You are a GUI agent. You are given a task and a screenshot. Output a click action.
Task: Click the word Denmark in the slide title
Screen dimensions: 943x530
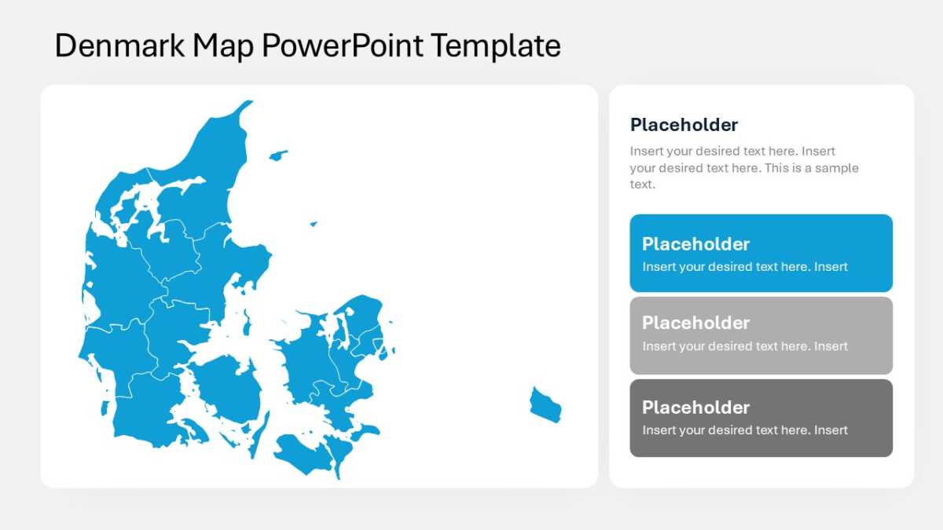pos(119,46)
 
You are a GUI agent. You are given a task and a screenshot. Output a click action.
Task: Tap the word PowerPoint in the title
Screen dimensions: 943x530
pos(343,46)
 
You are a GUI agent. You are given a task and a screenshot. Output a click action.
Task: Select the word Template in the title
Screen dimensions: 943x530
pos(496,46)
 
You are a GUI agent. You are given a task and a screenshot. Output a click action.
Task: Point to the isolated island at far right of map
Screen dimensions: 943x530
pos(545,405)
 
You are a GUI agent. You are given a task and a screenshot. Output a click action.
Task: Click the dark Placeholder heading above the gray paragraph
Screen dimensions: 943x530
pos(684,125)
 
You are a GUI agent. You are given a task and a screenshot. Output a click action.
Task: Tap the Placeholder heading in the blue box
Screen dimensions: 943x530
pos(695,244)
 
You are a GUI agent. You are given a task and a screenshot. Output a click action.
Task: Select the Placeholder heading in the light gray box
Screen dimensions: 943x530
pos(695,323)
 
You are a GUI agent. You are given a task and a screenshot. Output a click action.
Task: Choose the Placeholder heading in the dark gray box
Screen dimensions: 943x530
pos(695,408)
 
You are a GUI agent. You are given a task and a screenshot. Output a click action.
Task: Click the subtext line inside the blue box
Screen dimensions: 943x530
pos(745,267)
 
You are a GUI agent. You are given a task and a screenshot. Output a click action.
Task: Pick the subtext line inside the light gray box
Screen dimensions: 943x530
pos(745,346)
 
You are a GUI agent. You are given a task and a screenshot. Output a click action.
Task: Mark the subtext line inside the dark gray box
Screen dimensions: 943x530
pos(745,430)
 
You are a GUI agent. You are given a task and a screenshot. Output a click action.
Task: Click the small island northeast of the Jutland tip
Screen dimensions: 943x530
pos(278,155)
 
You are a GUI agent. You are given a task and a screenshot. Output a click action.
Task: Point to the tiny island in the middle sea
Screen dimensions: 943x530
pos(314,224)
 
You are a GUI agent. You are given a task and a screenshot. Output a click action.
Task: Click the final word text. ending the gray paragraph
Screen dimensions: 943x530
pos(643,185)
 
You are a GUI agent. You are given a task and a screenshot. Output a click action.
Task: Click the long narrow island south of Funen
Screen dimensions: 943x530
pos(259,434)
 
